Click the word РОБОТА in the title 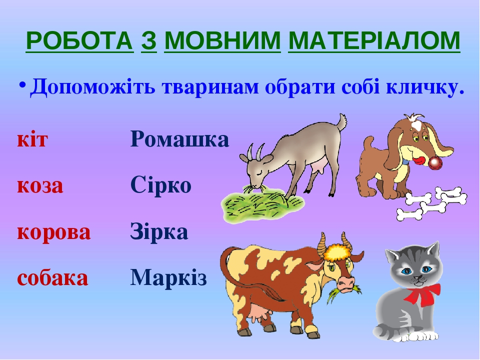tap(79, 40)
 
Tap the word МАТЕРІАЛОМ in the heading tap(374, 40)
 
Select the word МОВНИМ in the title tap(222, 40)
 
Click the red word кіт tap(32, 139)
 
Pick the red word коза tap(40, 186)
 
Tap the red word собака tap(52, 278)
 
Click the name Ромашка tap(179, 139)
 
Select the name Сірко tap(161, 184)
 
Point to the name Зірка tap(159, 231)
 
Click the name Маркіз tap(168, 277)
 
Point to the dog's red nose tap(435, 163)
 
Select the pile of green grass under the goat tap(262, 203)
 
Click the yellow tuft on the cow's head tap(338, 252)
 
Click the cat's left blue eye tap(406, 271)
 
